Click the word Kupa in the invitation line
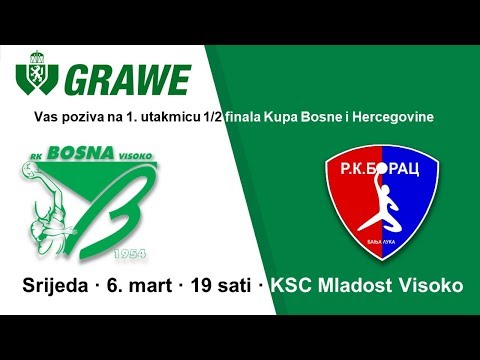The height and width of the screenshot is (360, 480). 300,118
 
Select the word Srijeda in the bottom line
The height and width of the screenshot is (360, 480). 56,286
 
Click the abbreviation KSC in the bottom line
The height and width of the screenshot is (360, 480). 296,286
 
